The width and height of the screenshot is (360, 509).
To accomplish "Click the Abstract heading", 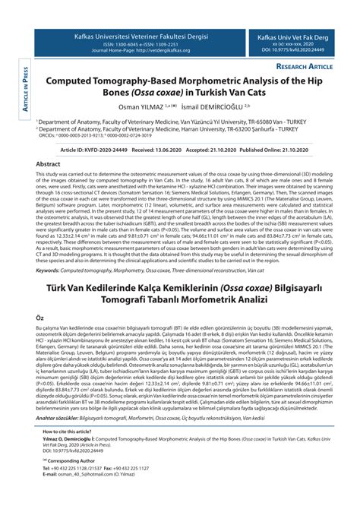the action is pos(49,163).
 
